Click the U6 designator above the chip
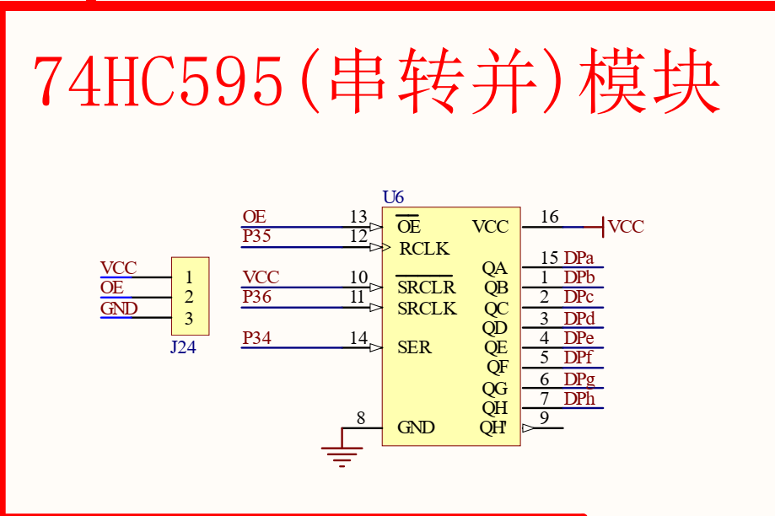tap(393, 197)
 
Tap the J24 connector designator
tap(183, 347)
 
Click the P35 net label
tap(256, 236)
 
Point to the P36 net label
tap(256, 297)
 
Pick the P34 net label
tap(256, 337)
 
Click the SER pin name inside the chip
tap(414, 347)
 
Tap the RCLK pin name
tap(424, 248)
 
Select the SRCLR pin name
tap(426, 288)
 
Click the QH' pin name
tap(493, 427)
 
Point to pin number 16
tap(549, 217)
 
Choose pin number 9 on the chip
tap(544, 417)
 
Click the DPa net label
tap(579, 257)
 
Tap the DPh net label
tap(579, 398)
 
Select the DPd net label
tap(579, 319)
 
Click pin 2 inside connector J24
tap(189, 297)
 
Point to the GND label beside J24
tap(119, 309)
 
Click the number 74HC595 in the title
tap(159, 82)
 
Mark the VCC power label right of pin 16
tap(626, 226)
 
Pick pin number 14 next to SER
tap(359, 337)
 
